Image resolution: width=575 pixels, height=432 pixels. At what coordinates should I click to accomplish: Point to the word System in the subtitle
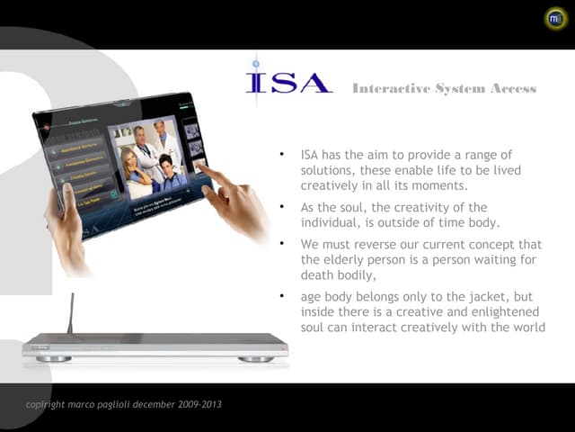tap(459, 88)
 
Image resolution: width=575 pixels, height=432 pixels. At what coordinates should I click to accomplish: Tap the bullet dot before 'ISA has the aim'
tap(282, 155)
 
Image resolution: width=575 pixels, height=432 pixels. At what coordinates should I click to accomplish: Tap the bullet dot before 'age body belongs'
tap(282, 296)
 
